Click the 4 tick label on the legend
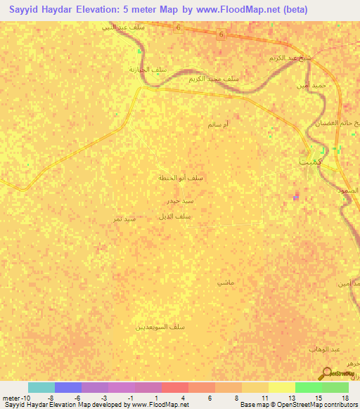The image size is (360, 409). pyautogui.click(x=182, y=398)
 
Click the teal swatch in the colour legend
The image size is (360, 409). pyautogui.click(x=41, y=387)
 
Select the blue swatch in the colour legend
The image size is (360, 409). pyautogui.click(x=68, y=387)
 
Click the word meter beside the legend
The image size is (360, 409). pyautogui.click(x=11, y=398)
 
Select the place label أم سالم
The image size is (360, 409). pyautogui.click(x=218, y=124)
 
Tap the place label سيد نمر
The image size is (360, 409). pyautogui.click(x=124, y=219)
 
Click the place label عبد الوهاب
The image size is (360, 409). pyautogui.click(x=325, y=349)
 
